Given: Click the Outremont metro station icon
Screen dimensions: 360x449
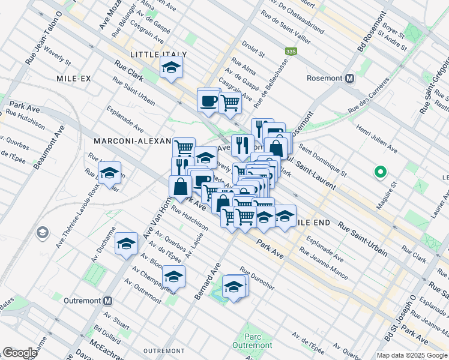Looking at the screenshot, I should [108, 301].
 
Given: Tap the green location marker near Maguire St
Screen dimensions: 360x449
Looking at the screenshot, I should [379, 172].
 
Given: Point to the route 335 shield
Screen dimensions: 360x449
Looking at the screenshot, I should [291, 52].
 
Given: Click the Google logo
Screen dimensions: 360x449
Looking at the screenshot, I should [20, 353].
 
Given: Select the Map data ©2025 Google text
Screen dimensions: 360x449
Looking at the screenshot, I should [411, 355].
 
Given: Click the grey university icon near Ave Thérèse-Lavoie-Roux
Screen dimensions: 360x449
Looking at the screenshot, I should [42, 232].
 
